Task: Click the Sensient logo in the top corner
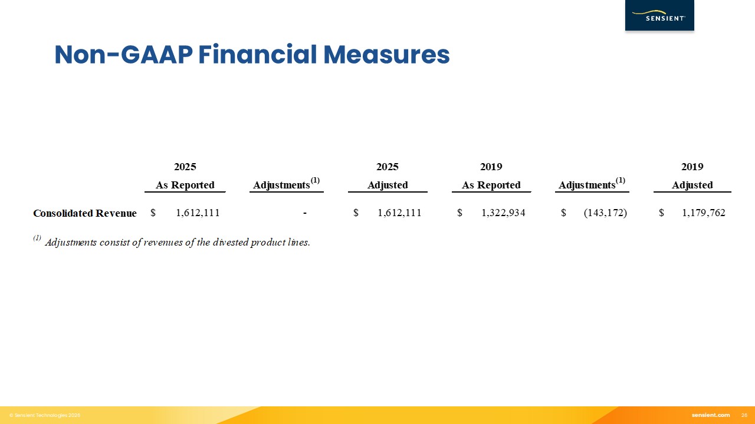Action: pos(659,15)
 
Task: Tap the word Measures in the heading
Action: pos(386,55)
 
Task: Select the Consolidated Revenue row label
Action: pos(84,213)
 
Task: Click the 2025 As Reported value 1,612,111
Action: pos(198,213)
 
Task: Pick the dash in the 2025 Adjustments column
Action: pos(305,213)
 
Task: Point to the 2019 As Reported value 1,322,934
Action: pos(503,213)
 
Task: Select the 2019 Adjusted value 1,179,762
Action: pos(704,213)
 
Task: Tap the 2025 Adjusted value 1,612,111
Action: pos(399,213)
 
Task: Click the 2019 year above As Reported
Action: pos(491,167)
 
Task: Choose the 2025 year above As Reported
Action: pos(185,167)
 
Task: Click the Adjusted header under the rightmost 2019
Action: pos(692,185)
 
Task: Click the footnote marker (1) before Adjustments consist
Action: pos(37,238)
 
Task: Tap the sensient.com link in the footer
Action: pos(711,415)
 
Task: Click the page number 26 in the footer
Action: pos(744,415)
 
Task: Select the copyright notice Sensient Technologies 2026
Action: pos(45,415)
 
